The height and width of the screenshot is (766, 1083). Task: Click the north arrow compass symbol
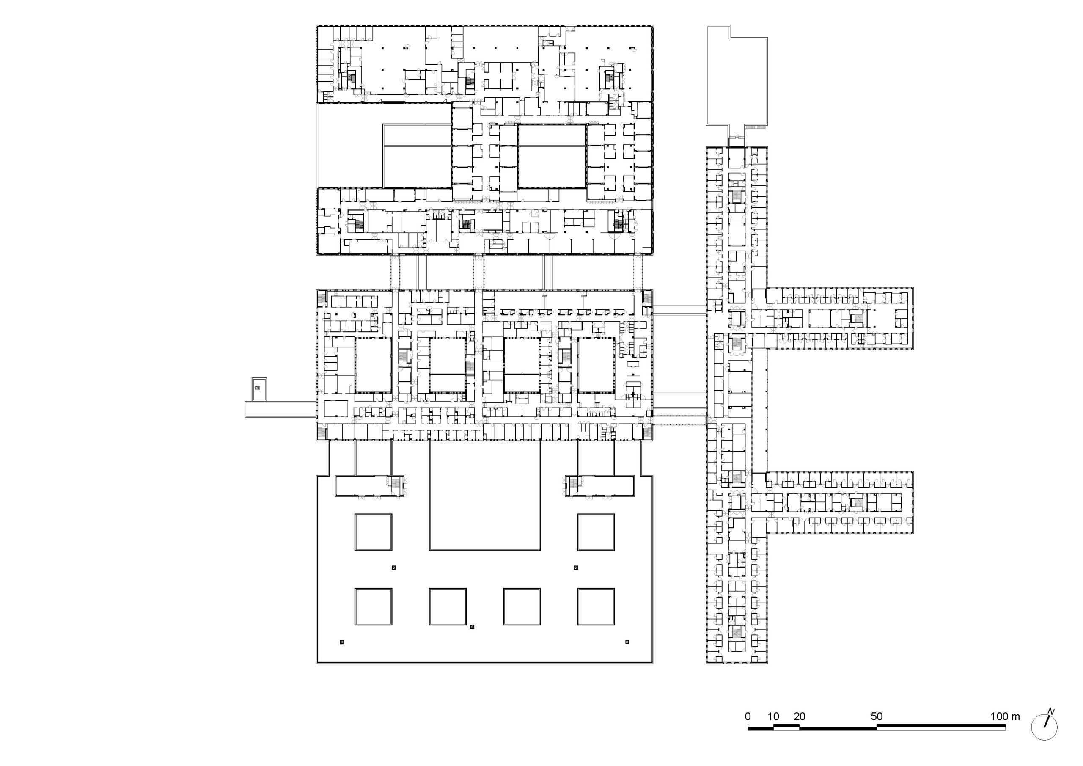[x=1045, y=727]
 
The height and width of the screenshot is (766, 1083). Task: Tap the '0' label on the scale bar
[x=748, y=716]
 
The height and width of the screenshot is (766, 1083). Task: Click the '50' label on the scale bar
[x=877, y=716]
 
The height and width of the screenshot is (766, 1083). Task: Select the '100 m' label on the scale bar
[x=1005, y=716]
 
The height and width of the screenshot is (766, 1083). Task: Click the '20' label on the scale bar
[x=799, y=716]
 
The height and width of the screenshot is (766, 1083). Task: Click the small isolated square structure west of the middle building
[x=259, y=389]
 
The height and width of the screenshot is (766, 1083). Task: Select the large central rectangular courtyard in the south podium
[x=484, y=496]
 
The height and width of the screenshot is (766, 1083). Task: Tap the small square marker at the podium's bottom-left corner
[x=342, y=642]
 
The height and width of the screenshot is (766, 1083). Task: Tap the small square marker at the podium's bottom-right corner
[x=627, y=642]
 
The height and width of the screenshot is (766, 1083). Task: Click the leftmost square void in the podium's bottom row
[x=373, y=606]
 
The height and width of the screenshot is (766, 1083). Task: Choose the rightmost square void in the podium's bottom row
[x=596, y=606]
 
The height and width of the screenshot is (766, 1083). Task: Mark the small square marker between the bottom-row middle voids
[x=472, y=627]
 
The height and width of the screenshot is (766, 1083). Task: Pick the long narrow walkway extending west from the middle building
[x=280, y=409]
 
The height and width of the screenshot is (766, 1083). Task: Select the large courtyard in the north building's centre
[x=552, y=156]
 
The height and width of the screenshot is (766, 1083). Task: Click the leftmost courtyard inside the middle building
[x=373, y=365]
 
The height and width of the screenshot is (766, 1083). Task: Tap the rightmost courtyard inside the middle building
[x=596, y=365]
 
